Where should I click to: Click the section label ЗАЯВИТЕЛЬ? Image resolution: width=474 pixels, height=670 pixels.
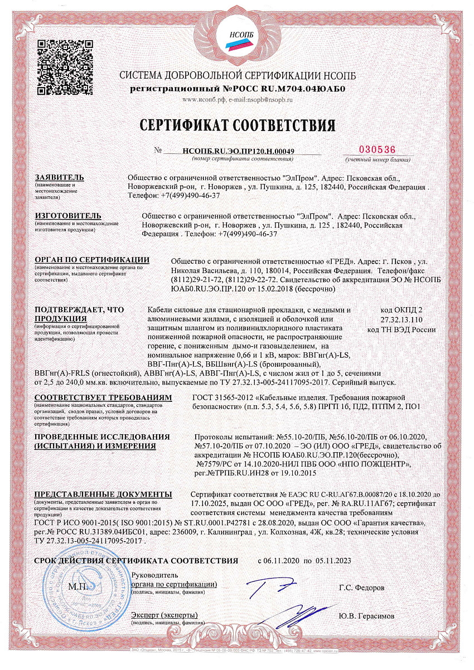tap(59, 177)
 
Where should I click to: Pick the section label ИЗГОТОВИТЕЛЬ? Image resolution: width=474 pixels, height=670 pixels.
tap(68, 215)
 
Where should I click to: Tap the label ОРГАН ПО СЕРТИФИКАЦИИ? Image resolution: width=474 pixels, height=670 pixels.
tap(92, 260)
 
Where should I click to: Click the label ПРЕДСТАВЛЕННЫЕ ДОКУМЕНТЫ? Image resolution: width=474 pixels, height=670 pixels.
tap(103, 494)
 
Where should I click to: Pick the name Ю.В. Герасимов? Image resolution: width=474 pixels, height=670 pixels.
tap(366, 616)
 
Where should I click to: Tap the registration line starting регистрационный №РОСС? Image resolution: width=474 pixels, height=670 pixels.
tap(237, 89)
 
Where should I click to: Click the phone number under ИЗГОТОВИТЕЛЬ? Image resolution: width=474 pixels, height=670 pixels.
tap(243, 234)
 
